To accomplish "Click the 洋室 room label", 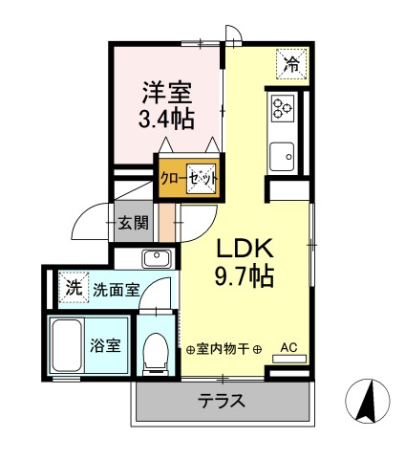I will coord(167,93).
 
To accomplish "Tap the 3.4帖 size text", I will coord(167,120).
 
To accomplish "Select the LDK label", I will coord(245,248).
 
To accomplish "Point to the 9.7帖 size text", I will coord(245,278).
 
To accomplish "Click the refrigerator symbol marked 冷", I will coord(290,65).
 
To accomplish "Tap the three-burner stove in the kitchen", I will coord(282,108).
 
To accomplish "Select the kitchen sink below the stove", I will coord(282,155).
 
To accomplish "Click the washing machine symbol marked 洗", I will coord(71,286).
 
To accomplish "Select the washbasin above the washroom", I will coord(155,258).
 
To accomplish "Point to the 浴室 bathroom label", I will coord(105,345).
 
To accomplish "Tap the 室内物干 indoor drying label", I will coord(224,349).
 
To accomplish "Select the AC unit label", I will coord(289,348).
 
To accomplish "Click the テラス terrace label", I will coord(222,400).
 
